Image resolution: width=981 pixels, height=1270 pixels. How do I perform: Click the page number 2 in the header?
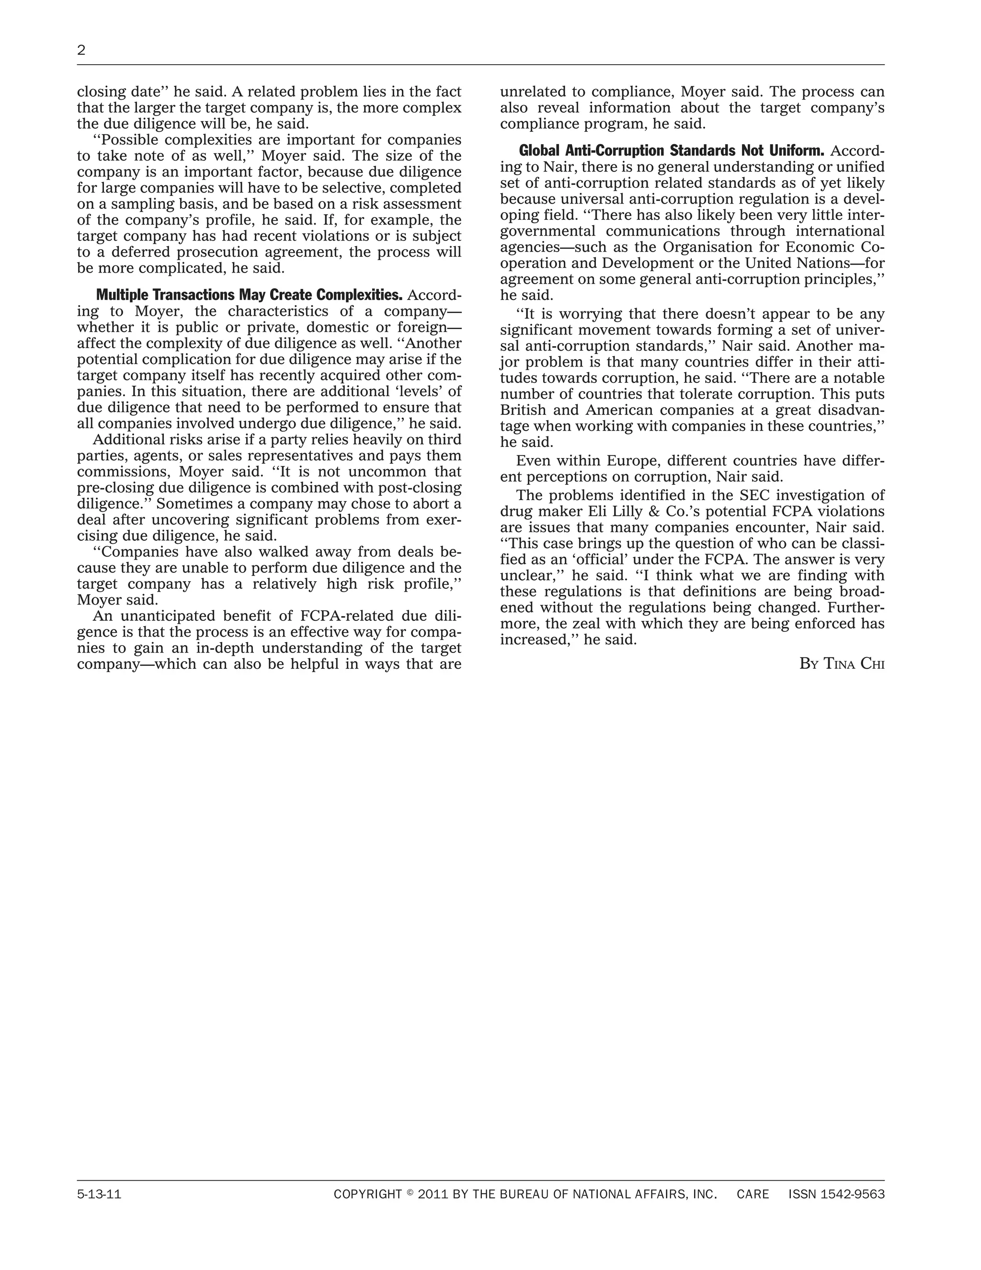pyautogui.click(x=81, y=51)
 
